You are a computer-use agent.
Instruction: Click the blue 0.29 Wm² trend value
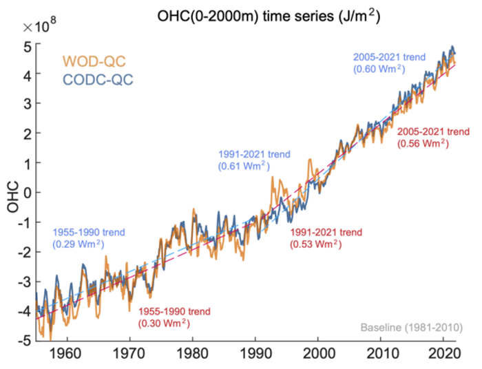pyautogui.click(x=78, y=244)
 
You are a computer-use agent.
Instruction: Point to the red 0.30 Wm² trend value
pyautogui.click(x=164, y=322)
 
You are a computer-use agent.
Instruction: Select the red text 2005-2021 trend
pyautogui.click(x=434, y=131)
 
